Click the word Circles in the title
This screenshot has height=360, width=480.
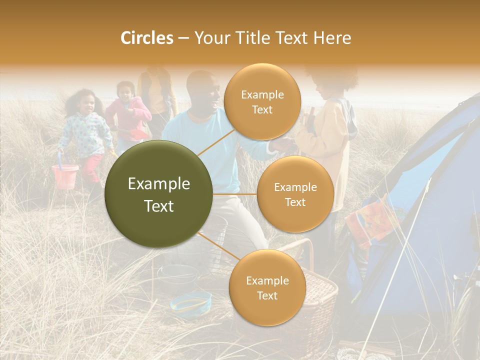tap(146, 38)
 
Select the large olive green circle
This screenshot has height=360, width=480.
tap(159, 194)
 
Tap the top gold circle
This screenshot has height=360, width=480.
tap(262, 102)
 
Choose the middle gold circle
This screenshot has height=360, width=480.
tap(295, 194)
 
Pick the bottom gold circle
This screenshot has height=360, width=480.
tap(267, 287)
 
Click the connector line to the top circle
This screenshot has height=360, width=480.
tap(214, 143)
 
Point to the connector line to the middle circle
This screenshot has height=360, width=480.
tap(235, 194)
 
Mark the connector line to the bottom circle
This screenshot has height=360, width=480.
tap(214, 245)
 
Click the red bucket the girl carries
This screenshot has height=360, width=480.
tap(65, 175)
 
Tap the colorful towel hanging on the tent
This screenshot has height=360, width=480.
tap(370, 220)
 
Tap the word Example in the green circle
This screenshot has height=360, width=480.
tap(159, 184)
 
